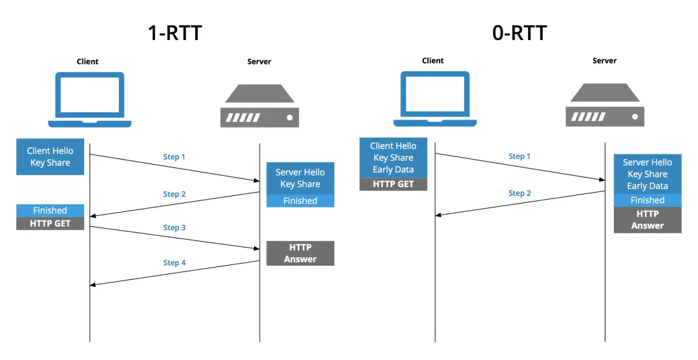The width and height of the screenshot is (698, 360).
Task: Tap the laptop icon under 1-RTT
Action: [x=89, y=100]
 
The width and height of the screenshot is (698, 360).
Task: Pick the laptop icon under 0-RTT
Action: [x=434, y=98]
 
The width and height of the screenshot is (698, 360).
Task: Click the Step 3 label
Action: [x=174, y=228]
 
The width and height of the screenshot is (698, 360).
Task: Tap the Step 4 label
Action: [x=174, y=262]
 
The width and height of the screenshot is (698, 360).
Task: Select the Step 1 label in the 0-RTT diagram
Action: [x=520, y=156]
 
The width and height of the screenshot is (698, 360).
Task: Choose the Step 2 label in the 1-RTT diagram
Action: [x=174, y=194]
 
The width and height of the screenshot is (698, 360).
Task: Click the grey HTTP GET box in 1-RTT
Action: [x=50, y=223]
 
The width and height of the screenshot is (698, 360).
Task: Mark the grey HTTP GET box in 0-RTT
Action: [x=394, y=184]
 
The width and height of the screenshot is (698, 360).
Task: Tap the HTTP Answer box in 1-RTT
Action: [x=301, y=253]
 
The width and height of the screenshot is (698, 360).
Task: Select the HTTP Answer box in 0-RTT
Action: [x=647, y=220]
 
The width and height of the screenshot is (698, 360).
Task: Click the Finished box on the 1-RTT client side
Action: [x=50, y=210]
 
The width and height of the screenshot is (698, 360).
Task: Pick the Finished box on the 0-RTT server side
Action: [x=647, y=200]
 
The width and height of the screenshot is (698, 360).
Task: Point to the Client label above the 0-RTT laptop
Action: [x=433, y=61]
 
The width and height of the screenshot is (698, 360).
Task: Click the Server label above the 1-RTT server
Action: [x=259, y=61]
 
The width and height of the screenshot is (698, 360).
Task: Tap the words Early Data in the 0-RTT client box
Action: [x=394, y=170]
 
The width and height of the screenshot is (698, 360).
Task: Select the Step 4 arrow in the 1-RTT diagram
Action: [x=174, y=273]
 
